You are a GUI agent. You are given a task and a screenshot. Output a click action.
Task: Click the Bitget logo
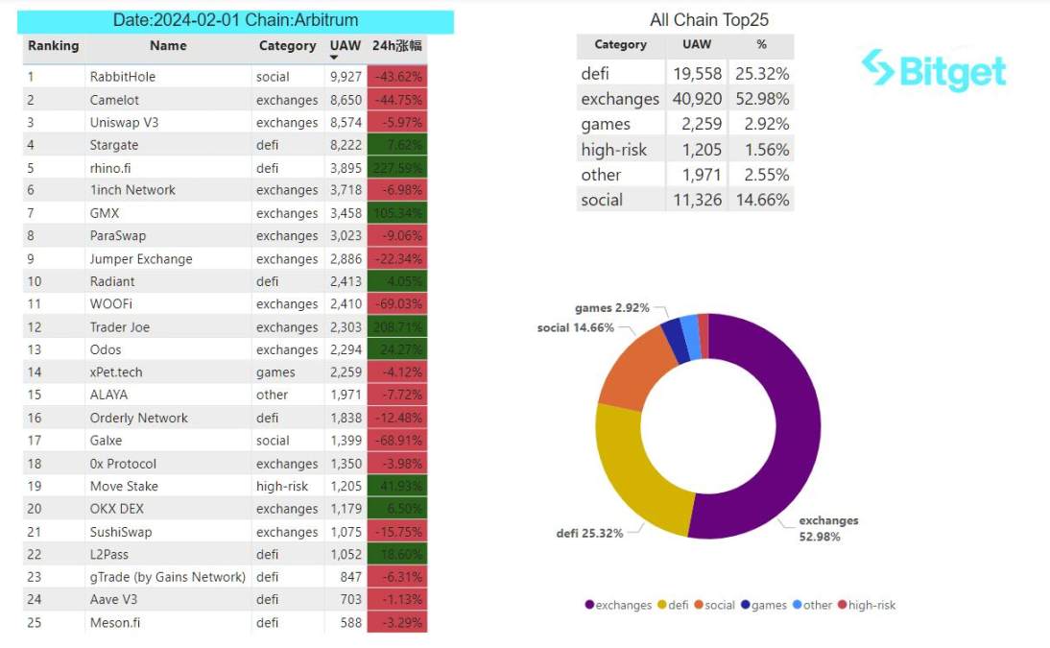(x=933, y=71)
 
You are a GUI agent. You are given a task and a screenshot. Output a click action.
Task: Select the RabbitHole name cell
(x=123, y=77)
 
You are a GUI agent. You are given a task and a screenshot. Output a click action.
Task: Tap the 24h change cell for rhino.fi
(x=395, y=167)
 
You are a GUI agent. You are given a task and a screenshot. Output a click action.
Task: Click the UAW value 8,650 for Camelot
(x=346, y=100)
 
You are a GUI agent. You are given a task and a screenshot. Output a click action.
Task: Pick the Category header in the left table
(x=287, y=45)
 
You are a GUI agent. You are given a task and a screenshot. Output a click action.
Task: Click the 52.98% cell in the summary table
(x=761, y=99)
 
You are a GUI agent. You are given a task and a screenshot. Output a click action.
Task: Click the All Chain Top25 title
(x=709, y=20)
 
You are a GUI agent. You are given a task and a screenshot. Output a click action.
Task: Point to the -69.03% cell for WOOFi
(x=395, y=304)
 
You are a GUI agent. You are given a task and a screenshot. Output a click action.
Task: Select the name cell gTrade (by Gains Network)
(x=168, y=577)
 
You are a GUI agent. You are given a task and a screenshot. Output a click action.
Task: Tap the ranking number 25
(x=32, y=622)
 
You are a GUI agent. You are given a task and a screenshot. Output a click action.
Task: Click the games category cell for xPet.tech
(x=275, y=372)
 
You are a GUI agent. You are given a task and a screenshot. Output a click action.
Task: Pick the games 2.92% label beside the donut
(x=611, y=308)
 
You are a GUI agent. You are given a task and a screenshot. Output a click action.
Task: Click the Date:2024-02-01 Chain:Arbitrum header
(x=235, y=20)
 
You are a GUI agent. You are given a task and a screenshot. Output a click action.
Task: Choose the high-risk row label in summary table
(x=614, y=149)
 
